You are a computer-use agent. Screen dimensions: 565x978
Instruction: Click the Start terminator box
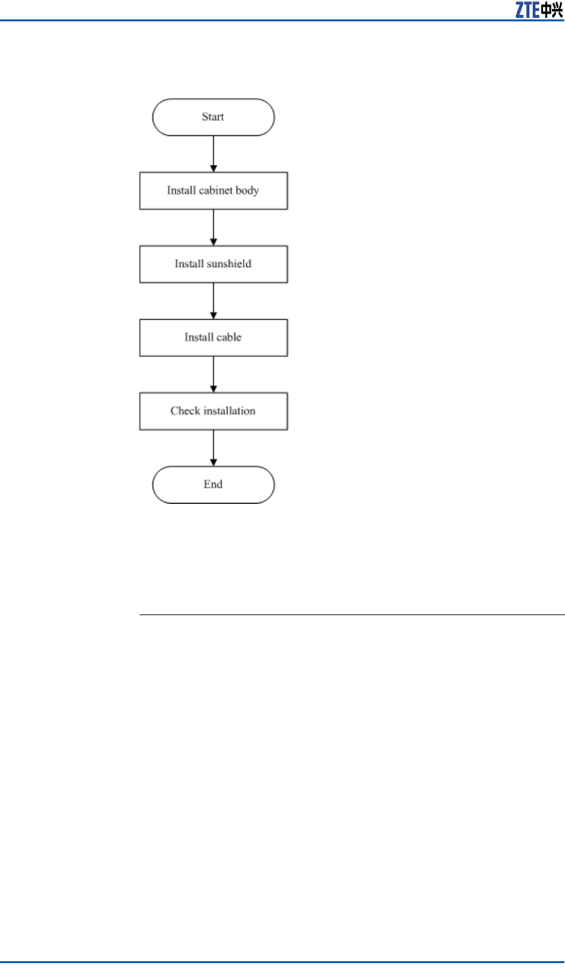click(213, 117)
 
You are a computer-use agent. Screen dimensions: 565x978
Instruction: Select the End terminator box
click(213, 484)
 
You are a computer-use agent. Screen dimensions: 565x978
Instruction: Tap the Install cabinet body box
click(213, 191)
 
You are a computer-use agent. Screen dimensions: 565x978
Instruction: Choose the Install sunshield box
click(213, 264)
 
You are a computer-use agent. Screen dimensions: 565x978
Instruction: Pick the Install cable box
click(213, 338)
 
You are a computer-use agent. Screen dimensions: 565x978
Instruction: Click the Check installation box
click(213, 411)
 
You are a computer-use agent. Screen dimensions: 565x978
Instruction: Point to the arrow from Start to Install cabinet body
click(213, 154)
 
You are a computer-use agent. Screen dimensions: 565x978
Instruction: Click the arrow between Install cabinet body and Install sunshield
click(213, 228)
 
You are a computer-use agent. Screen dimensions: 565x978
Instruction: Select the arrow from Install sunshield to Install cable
click(213, 301)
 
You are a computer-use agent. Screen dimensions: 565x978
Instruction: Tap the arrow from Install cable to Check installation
click(213, 375)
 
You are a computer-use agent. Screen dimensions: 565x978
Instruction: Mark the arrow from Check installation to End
click(213, 448)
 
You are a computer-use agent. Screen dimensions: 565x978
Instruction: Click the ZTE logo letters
click(527, 10)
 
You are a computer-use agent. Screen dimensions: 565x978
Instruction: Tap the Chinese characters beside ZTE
click(552, 10)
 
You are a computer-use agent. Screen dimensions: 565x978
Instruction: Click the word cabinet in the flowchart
click(216, 191)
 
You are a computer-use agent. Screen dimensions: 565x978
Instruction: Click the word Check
click(186, 411)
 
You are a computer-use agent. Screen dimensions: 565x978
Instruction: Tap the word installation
click(229, 411)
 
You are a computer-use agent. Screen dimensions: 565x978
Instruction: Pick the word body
click(248, 191)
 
